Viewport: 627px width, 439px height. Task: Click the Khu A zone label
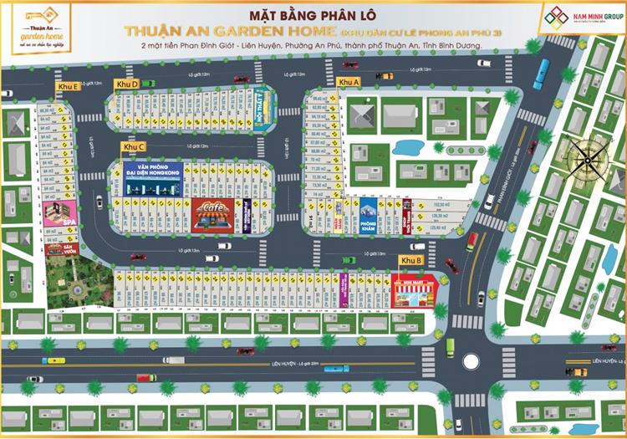[349, 82]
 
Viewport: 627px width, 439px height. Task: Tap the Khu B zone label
[410, 262]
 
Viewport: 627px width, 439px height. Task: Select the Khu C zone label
[134, 147]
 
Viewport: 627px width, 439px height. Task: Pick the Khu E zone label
[68, 86]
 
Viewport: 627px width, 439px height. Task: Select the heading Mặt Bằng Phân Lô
[313, 14]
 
